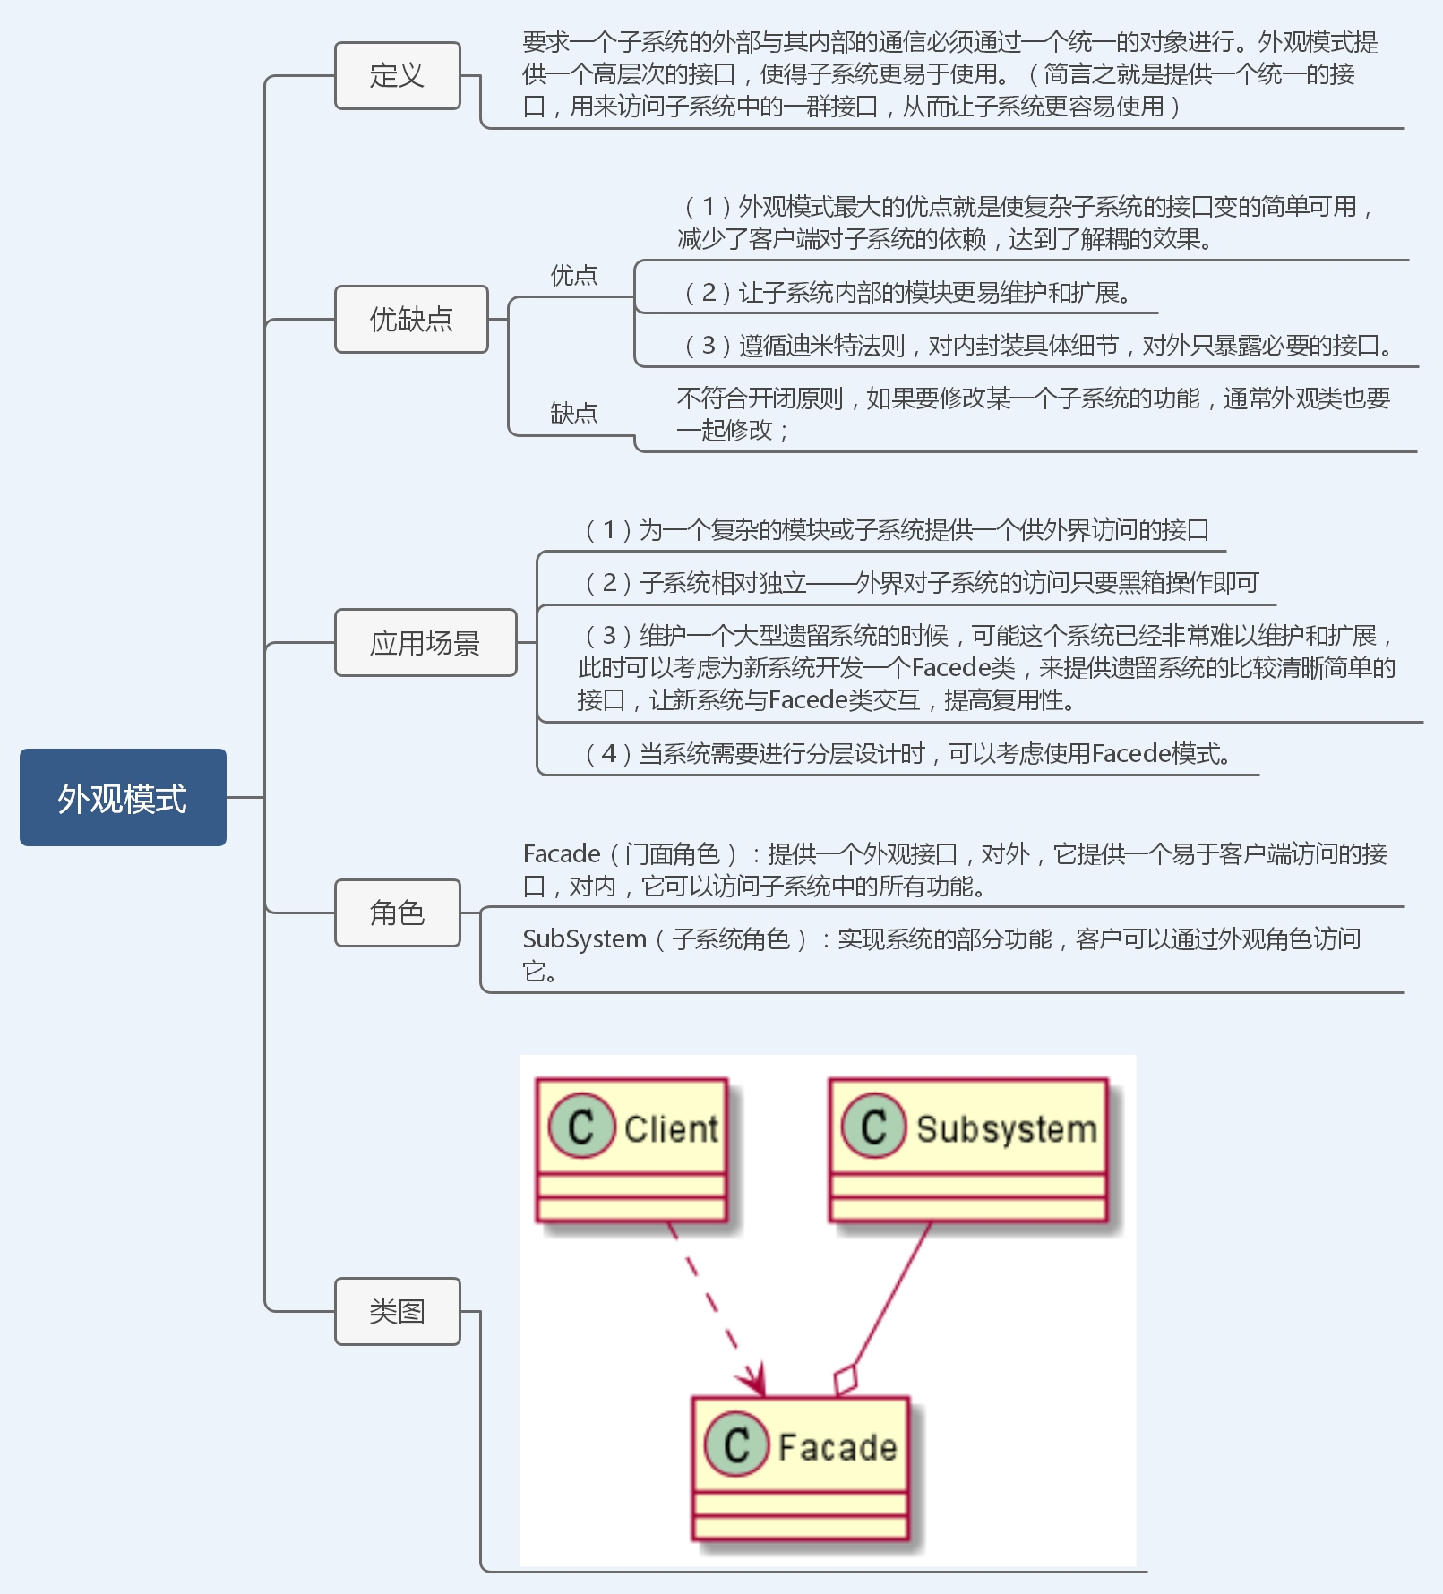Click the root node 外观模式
pos(123,797)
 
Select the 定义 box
pos(397,75)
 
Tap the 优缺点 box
pos(411,319)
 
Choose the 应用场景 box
pos(425,642)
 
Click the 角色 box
pos(397,913)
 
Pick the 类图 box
pos(397,1311)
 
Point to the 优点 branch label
pos(573,275)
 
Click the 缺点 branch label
pos(573,413)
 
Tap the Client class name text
pos(671,1128)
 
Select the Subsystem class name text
pos(1006,1128)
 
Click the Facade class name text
pos(837,1447)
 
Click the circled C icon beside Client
pos(581,1127)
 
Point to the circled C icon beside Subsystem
pos(873,1127)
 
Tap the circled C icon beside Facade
pos(736,1444)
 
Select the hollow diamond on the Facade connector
pos(846,1380)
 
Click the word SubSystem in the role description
pos(584,938)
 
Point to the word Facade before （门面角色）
pos(562,853)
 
